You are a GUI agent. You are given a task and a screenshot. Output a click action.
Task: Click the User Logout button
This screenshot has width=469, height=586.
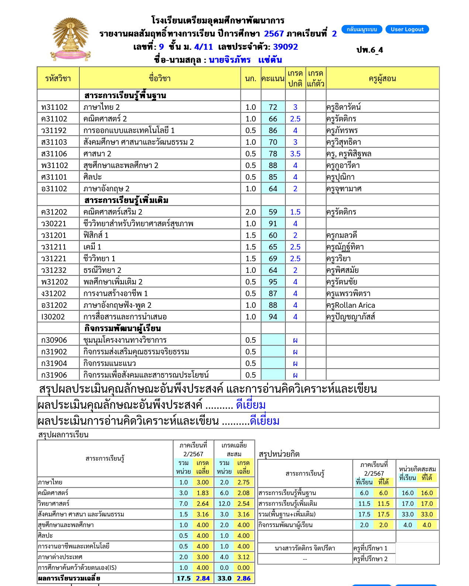point(407,29)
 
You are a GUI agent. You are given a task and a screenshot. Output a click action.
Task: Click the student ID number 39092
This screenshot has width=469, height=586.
point(285,47)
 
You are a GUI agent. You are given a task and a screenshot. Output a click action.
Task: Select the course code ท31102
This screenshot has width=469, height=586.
point(55,107)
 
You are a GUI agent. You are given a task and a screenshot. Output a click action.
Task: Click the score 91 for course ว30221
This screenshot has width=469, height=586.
point(273,224)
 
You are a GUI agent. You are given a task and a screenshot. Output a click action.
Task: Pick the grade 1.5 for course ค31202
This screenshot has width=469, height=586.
point(295,212)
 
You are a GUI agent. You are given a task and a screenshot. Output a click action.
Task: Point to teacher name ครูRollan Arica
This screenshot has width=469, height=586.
point(351,305)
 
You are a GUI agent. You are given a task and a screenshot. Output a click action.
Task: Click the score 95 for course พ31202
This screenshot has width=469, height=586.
point(273,282)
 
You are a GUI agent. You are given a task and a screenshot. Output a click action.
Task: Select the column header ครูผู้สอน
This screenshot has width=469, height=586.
point(382,78)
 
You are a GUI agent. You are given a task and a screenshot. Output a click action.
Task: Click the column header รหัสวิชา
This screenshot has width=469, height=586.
point(58,78)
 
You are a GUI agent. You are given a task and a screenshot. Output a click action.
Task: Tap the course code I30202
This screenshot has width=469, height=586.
point(53,317)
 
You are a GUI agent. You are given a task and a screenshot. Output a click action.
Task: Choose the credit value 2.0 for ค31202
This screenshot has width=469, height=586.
point(251,212)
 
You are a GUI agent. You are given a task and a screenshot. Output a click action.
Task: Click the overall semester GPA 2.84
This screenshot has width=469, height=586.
point(203,578)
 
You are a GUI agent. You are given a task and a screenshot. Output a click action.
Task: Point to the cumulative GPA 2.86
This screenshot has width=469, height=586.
point(244,578)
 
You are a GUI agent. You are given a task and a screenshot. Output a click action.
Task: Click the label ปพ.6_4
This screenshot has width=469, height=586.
point(370,50)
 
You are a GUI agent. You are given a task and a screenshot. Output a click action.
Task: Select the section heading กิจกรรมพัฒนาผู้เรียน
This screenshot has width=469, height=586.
point(123,328)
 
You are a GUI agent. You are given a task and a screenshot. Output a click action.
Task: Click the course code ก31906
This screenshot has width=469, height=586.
point(54,375)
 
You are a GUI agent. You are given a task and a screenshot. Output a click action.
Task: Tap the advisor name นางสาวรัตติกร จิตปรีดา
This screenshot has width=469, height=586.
point(305,548)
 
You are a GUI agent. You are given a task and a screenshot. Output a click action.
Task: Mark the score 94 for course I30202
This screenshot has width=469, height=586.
point(273,317)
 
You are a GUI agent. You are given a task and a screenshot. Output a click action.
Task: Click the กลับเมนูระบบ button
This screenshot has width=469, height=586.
point(362,29)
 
